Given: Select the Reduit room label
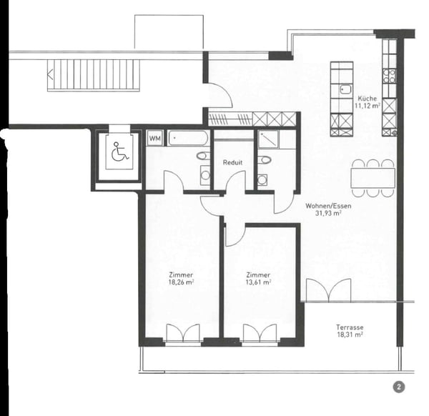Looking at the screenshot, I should tap(232, 162).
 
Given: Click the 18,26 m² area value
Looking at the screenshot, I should tap(181, 282).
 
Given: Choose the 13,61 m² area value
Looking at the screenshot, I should tap(257, 282).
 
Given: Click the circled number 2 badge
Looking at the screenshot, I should tap(398, 387).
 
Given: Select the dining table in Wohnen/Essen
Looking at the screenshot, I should tap(373, 178).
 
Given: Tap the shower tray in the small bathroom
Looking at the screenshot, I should tap(270, 139).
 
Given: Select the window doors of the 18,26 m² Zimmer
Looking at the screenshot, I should tap(181, 333).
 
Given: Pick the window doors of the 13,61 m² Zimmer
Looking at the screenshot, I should tap(259, 333).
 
